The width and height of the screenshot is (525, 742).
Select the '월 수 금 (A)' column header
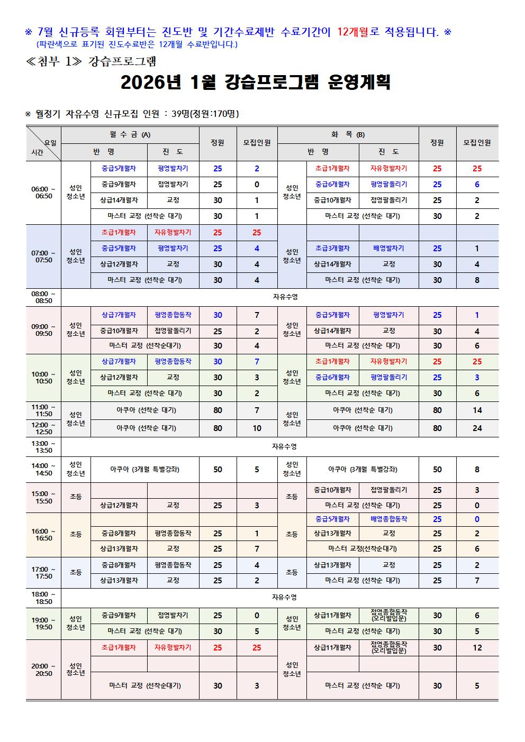pos(130,135)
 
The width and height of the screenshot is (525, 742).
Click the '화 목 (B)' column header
pos(348,135)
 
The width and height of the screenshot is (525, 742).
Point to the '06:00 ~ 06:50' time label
pos(43,193)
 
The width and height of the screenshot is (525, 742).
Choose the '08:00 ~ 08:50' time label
pos(43,297)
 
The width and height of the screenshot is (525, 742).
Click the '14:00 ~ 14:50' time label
pos(43,470)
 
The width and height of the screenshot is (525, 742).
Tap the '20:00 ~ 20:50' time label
pos(43,670)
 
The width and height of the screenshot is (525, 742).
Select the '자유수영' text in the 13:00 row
pos(285,447)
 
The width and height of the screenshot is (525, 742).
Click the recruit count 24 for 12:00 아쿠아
pos(477,428)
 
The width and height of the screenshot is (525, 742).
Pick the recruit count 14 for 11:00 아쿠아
pos(477,410)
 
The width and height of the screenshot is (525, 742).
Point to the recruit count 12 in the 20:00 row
pos(477,648)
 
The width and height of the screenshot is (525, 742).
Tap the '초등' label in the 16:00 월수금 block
pos(76,535)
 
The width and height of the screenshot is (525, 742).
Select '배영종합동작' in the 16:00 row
pos(388,519)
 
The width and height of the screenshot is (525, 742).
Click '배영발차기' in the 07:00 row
pos(388,248)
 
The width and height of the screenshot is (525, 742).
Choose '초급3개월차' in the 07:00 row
pos(332,248)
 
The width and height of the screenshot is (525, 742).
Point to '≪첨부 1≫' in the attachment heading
pos(52,61)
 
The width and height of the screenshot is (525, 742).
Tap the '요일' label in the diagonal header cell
pos(51,142)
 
